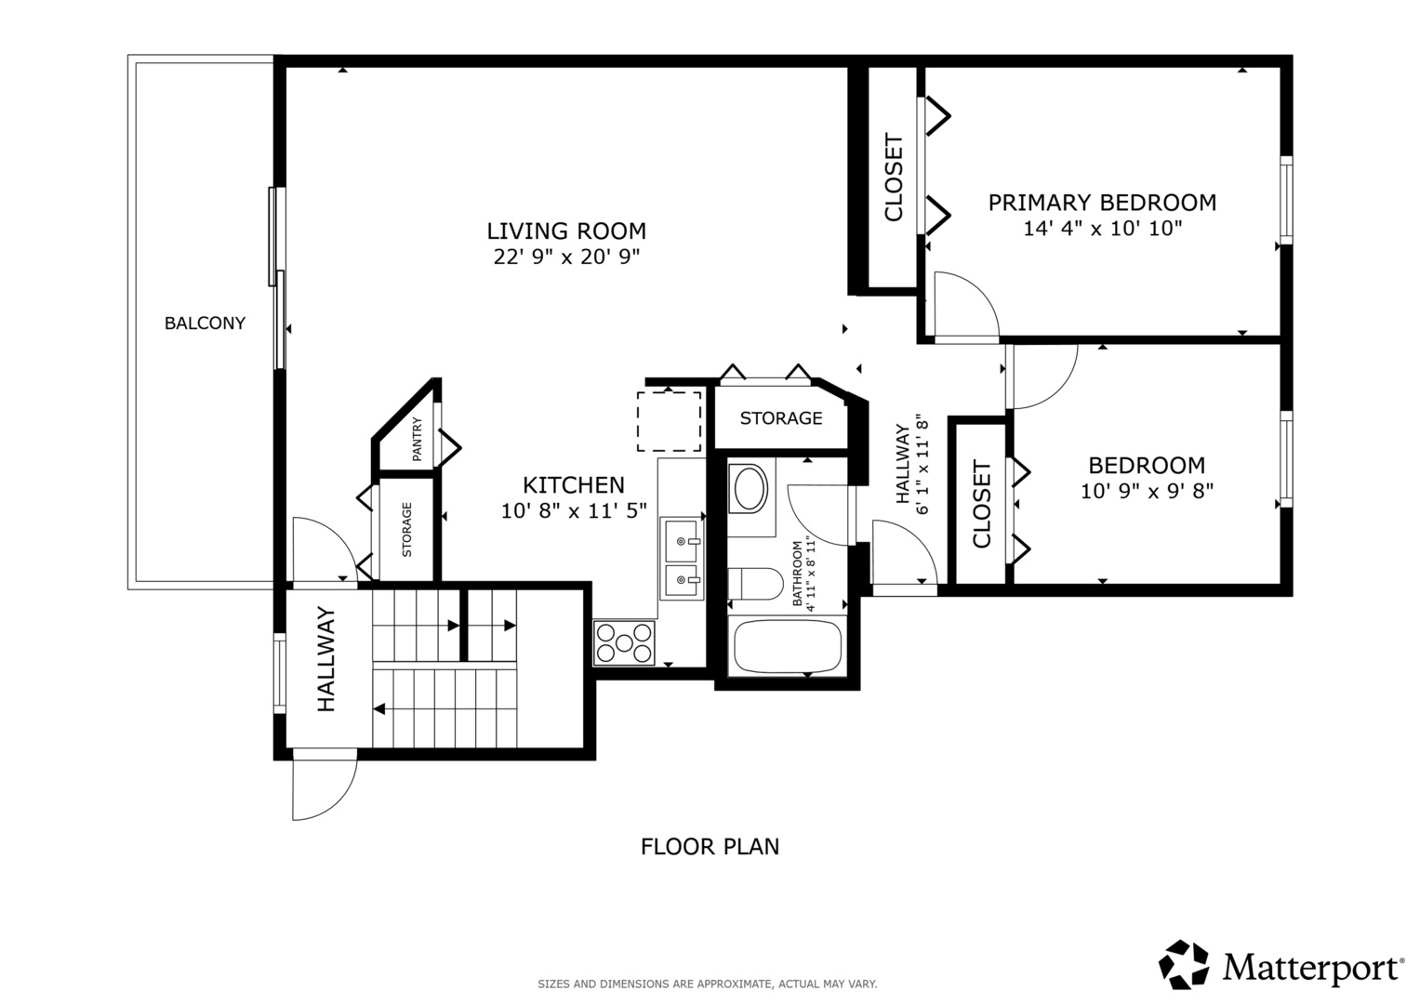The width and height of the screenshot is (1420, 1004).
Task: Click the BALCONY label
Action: (205, 324)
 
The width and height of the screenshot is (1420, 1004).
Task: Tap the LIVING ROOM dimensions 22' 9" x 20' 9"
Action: (566, 257)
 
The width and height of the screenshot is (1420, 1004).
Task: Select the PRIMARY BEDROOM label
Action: (1102, 203)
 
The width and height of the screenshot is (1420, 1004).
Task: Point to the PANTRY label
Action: (417, 439)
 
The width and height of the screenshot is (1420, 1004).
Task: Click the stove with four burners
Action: (624, 643)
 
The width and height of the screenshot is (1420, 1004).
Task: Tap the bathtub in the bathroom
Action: (788, 646)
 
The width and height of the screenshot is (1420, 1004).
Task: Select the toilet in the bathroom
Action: (755, 584)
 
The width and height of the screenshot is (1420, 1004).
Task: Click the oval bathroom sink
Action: (750, 487)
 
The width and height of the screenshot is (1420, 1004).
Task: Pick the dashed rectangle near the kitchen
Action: (669, 421)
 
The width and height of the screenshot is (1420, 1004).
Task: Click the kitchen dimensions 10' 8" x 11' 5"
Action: (574, 511)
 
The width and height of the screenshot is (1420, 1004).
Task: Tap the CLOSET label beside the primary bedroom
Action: (894, 178)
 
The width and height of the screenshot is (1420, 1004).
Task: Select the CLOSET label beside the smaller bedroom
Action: (981, 504)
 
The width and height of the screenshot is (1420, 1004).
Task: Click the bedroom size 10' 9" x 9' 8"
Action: (1147, 491)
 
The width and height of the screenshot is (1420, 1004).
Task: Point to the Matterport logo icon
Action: (1184, 964)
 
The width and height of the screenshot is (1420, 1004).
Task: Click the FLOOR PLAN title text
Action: (710, 847)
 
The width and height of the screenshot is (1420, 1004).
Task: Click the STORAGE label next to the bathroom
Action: (781, 418)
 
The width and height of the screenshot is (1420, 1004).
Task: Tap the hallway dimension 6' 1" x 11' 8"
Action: (922, 464)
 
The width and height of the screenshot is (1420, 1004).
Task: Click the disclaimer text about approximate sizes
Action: (708, 984)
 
